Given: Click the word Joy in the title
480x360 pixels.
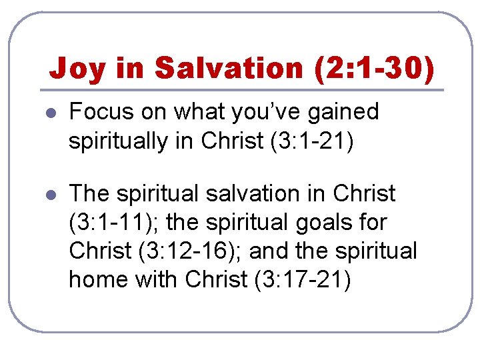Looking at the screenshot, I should [x=77, y=69].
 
